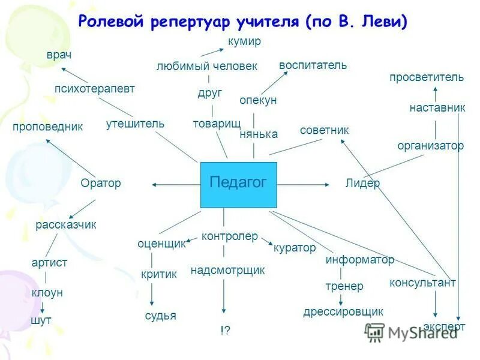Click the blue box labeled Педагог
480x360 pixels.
238,184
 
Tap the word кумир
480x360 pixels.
244,41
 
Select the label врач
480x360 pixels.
59,55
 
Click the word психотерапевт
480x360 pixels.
95,89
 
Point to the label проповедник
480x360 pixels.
47,127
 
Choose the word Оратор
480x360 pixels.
101,184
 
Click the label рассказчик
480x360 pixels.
66,225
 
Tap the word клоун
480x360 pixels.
47,293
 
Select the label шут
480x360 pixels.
41,320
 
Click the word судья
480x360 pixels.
161,316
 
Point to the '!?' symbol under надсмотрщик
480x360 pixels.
224,330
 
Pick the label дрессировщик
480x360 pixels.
343,311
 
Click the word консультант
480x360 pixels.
422,283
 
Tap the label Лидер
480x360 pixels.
362,184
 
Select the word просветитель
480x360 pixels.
427,77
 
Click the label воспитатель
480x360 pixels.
313,65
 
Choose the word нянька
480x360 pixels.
259,134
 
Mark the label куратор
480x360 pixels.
295,247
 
